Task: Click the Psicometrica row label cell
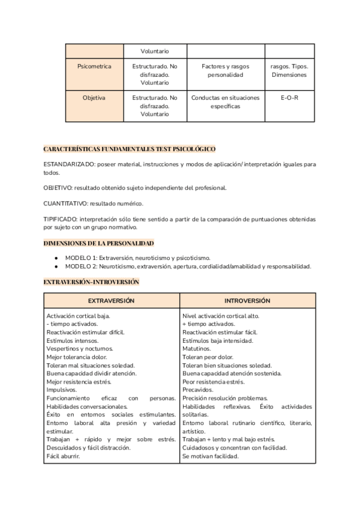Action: click(94, 67)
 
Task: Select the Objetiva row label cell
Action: click(94, 98)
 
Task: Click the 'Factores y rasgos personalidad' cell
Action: click(225, 71)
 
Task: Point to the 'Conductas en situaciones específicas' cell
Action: click(225, 102)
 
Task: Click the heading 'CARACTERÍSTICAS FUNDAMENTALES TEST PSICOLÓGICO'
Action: click(130, 148)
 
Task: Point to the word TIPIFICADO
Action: click(61, 219)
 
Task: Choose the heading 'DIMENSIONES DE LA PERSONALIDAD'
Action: click(99, 243)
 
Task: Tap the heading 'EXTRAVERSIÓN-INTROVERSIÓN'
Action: click(91, 282)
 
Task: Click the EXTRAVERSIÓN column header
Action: click(112, 300)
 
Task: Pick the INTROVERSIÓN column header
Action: click(247, 300)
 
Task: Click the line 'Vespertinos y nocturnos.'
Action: click(79, 348)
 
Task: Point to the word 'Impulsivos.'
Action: click(61, 390)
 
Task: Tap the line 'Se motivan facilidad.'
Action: click(211, 456)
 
